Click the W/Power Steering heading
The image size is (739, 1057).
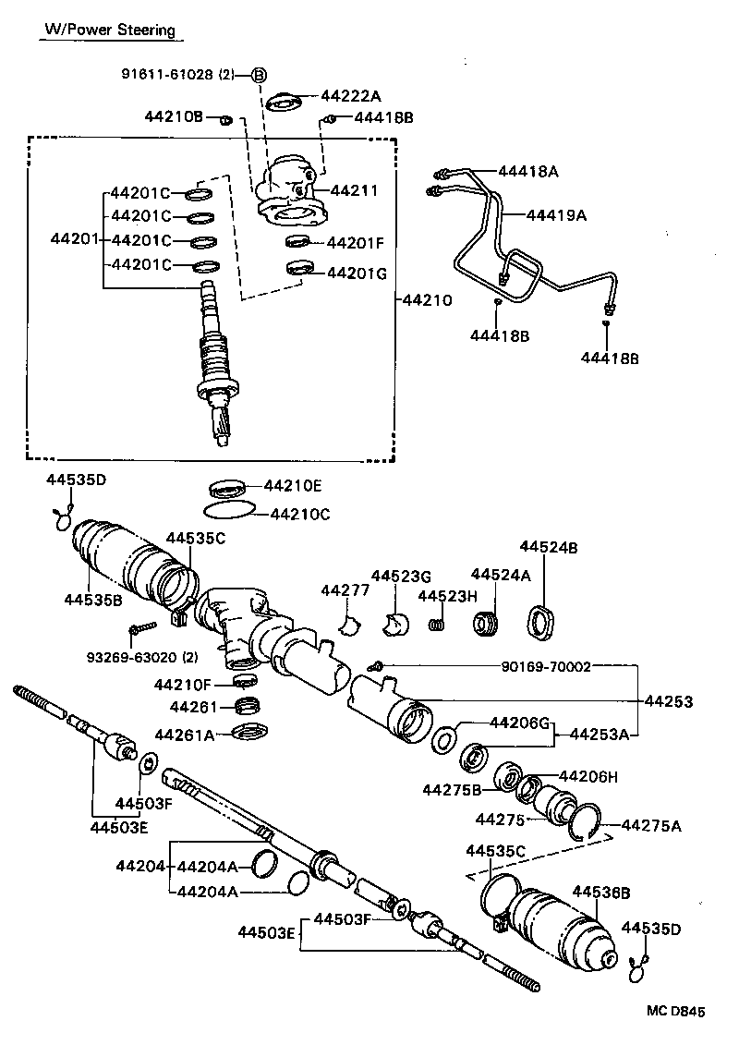coord(110,30)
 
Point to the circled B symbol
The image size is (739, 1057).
coord(260,75)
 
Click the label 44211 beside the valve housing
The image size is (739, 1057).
coord(354,191)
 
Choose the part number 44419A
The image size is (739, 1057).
coord(556,215)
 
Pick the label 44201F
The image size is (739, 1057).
coord(355,243)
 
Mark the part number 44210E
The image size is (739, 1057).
coord(293,485)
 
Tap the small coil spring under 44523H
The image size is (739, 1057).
coord(438,626)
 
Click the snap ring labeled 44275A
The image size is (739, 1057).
coord(584,821)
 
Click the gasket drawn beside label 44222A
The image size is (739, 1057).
coord(282,103)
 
